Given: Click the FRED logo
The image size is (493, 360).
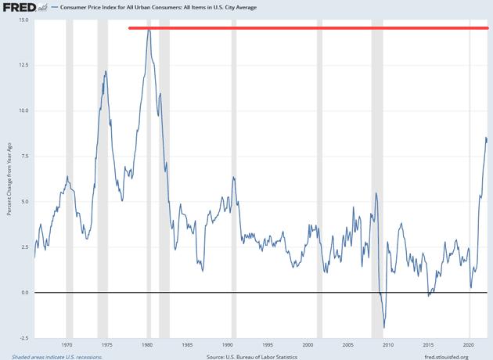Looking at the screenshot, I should (19, 8).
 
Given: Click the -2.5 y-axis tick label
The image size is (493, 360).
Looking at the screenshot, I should (23, 338).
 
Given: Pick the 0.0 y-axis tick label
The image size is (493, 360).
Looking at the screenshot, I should (24, 293).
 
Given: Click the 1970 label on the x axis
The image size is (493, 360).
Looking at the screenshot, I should (67, 344).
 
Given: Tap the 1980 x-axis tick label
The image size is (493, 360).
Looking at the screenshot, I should (148, 344).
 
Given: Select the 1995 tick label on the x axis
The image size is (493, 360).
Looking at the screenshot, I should (268, 344).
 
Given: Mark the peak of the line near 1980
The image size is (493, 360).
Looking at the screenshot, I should (148, 30).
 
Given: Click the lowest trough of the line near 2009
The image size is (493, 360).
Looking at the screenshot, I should (384, 328).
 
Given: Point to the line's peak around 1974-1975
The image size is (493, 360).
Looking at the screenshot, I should (106, 71).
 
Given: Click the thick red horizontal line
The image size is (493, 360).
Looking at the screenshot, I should (308, 28).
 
